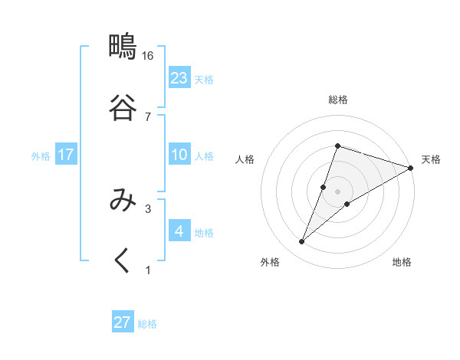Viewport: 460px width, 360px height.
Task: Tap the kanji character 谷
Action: [x=122, y=106]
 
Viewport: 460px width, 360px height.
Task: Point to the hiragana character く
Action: [x=122, y=260]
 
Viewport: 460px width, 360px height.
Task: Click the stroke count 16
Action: [x=148, y=57]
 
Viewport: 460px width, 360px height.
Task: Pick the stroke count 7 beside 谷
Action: [x=148, y=116]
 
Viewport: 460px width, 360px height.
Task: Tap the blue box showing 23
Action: [x=179, y=78]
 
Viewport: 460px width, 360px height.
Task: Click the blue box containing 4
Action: [x=179, y=231]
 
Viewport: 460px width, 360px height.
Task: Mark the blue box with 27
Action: [x=123, y=322]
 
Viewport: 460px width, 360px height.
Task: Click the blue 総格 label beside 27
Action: [x=147, y=324]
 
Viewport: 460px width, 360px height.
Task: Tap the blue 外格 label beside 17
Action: [x=41, y=156]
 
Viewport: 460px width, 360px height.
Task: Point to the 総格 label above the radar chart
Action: [x=338, y=100]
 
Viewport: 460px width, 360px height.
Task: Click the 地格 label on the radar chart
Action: [x=402, y=263]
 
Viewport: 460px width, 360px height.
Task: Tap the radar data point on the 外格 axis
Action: [x=301, y=242]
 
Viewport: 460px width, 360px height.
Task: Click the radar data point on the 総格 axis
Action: [x=337, y=146]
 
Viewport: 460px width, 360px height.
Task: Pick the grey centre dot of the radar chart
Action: [x=338, y=191]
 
